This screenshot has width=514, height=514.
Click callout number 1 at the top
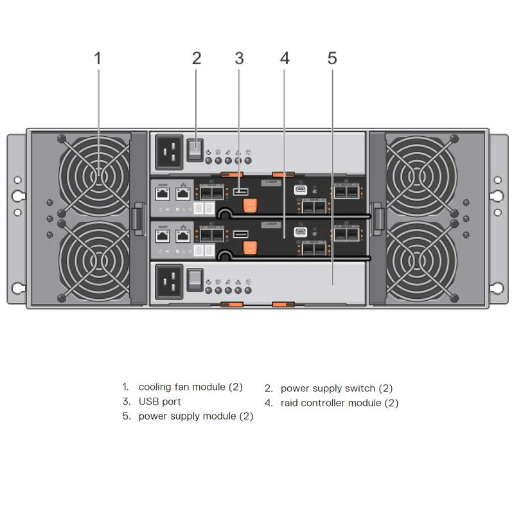point(98,58)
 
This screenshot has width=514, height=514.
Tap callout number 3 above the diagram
point(239,58)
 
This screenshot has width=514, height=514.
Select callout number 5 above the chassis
point(332,58)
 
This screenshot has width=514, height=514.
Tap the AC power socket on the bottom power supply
point(169,281)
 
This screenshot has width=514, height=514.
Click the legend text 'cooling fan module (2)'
point(190,387)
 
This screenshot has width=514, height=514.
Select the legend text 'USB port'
point(159,402)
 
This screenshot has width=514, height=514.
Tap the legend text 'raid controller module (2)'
point(339,403)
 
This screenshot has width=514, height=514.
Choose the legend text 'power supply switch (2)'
point(336,388)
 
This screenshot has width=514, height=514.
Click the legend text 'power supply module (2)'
point(195,416)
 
